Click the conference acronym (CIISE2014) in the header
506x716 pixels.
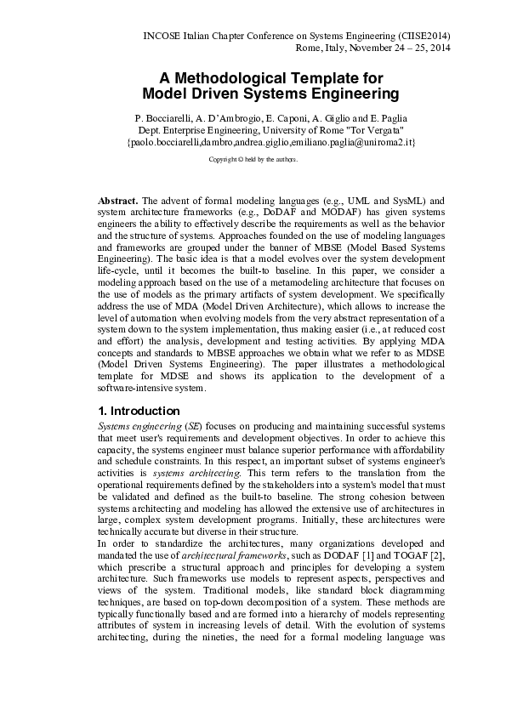[x=423, y=36]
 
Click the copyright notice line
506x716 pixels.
[x=253, y=159]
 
